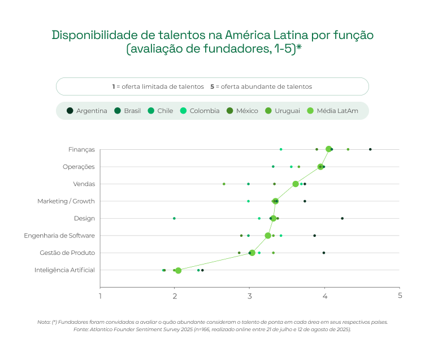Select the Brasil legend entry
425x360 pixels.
tap(128, 111)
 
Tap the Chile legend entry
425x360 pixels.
tap(161, 111)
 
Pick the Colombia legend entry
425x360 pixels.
tap(200, 111)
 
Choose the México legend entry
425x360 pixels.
tap(243, 111)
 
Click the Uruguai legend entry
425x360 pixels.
tap(283, 111)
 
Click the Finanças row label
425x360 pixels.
tap(81, 150)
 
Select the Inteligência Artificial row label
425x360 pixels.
tap(64, 270)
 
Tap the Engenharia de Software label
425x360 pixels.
tap(59, 236)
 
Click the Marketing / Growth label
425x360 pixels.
tap(66, 201)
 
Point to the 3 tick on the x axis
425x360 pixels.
tap(250, 296)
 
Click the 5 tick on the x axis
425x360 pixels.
tap(400, 296)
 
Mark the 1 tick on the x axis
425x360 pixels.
tap(101, 296)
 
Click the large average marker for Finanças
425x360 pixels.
tap(328, 149)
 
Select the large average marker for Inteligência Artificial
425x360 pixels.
tap(178, 270)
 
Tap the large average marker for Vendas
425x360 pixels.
tap(296, 184)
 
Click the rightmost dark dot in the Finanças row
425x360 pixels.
tap(370, 149)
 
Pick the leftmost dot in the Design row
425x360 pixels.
tap(174, 218)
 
